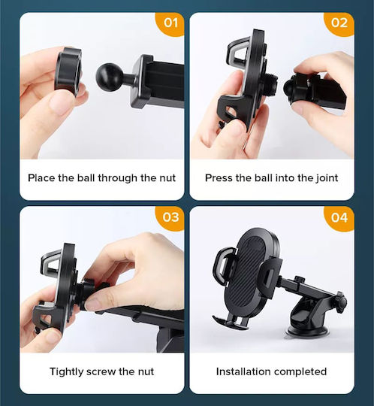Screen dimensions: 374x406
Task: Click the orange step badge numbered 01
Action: point(170,24)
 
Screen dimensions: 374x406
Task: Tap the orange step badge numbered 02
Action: point(339,24)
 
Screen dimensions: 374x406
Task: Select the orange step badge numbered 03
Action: point(170,217)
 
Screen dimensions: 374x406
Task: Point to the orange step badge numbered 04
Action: point(339,217)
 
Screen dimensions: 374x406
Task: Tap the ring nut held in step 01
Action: point(68,71)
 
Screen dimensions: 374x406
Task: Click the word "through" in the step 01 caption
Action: point(117,178)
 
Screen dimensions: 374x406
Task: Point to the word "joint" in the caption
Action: point(327,178)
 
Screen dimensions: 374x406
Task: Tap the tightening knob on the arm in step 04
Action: point(342,301)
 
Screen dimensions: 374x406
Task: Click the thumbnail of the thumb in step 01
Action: point(59,104)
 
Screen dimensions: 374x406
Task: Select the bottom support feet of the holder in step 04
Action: point(231,322)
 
